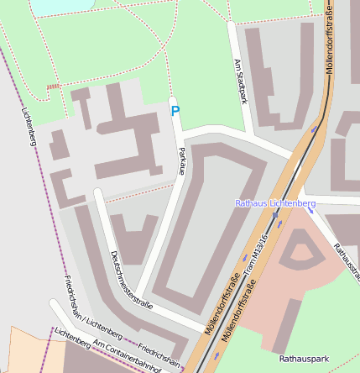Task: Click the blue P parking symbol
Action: pyautogui.click(x=175, y=111)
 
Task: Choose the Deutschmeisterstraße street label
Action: pyautogui.click(x=130, y=281)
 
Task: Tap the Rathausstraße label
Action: pyautogui.click(x=346, y=262)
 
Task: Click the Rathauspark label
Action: pyautogui.click(x=304, y=359)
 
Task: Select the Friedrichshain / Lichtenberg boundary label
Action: pyautogui.click(x=86, y=307)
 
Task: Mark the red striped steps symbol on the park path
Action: pyautogui.click(x=54, y=87)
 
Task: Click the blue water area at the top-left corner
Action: pyautogui.click(x=50, y=7)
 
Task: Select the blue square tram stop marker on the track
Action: pyautogui.click(x=274, y=215)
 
